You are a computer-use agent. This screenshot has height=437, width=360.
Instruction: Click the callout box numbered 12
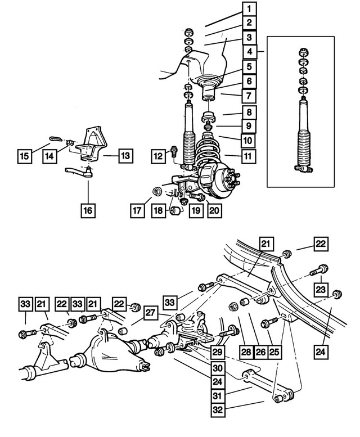[x=159, y=154]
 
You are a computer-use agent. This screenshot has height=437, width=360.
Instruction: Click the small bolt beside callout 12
[x=174, y=151]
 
